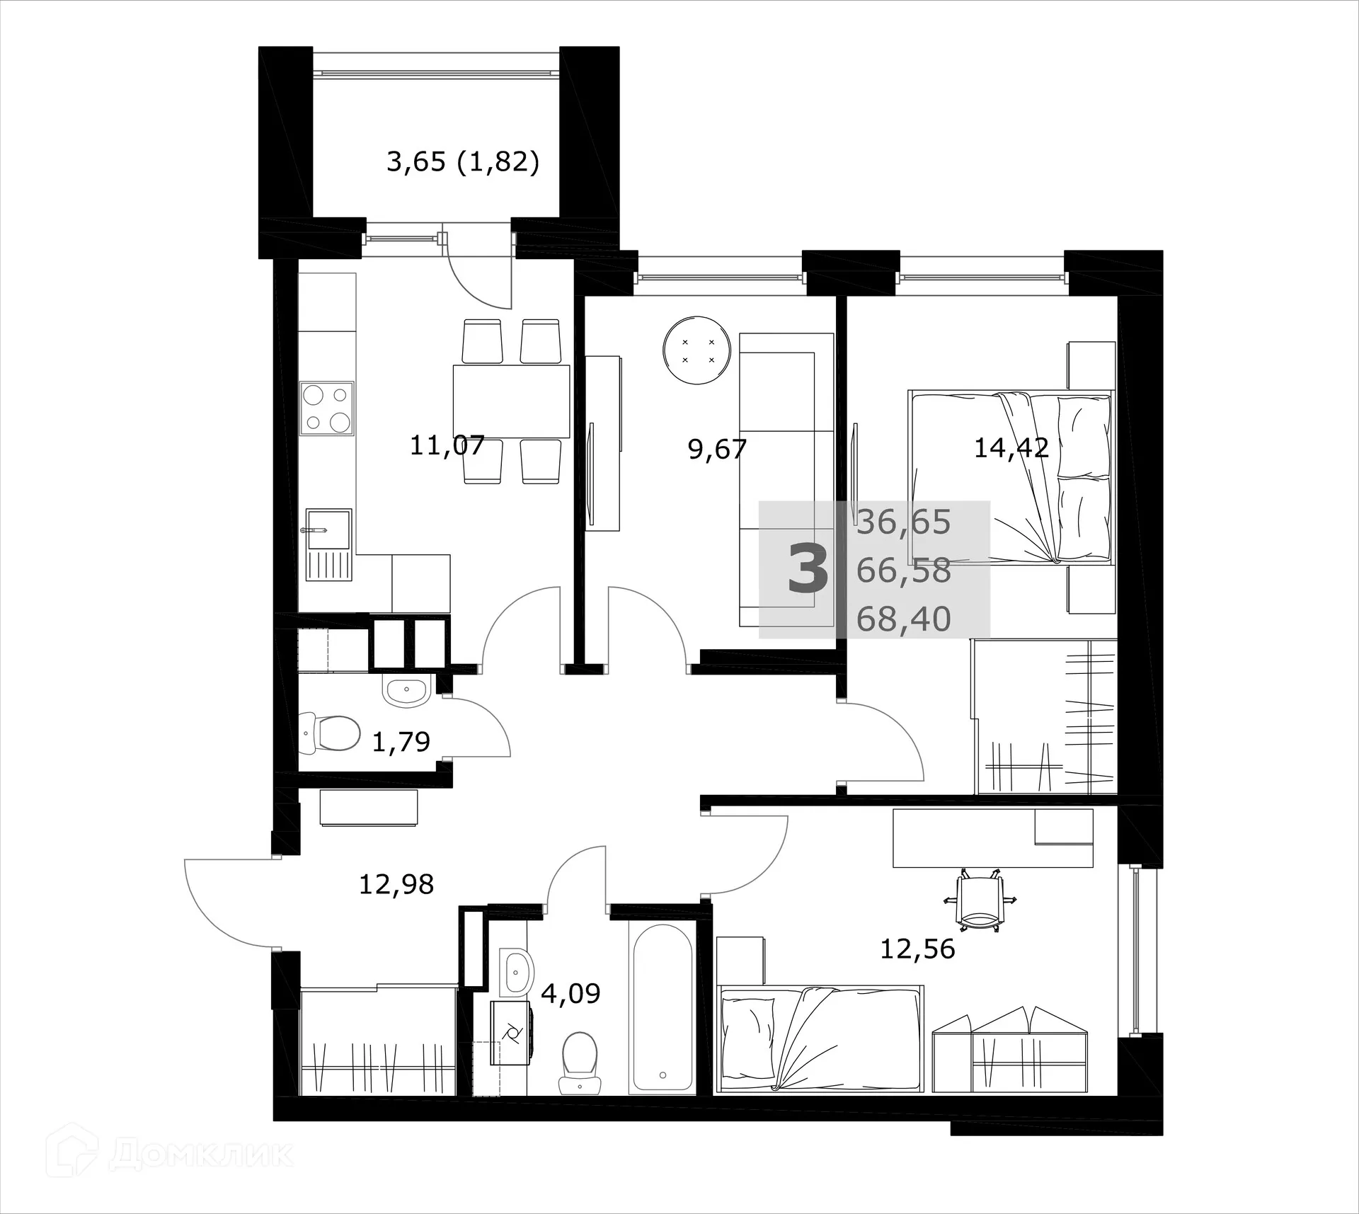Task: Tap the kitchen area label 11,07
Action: (447, 446)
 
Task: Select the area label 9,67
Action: (717, 449)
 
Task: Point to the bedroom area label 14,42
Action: (1011, 448)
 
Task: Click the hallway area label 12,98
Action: (396, 885)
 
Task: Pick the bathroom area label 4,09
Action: (570, 993)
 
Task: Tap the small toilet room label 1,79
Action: (401, 742)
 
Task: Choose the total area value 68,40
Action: (903, 619)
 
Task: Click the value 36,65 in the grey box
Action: (903, 522)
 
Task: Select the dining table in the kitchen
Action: (511, 401)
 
